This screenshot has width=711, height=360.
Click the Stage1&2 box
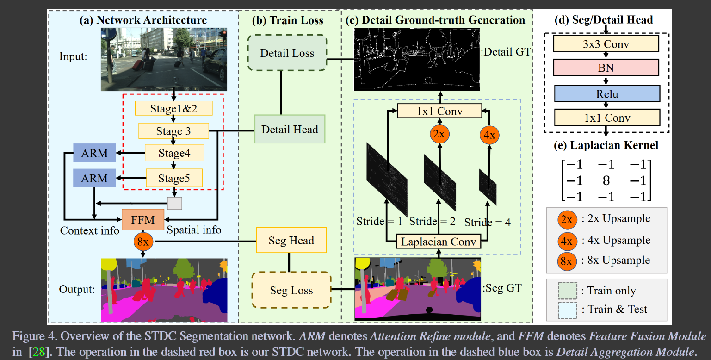click(173, 109)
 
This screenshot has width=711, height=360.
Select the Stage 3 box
click(173, 131)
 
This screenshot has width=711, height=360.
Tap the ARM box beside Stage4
click(94, 153)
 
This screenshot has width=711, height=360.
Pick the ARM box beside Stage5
click(94, 178)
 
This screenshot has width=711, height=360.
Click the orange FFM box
click(143, 220)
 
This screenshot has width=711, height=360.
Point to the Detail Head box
click(290, 129)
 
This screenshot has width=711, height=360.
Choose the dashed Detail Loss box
click(287, 53)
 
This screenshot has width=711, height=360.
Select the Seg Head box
click(291, 240)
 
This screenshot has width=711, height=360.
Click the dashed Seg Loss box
click(291, 290)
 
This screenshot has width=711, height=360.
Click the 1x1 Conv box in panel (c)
click(439, 111)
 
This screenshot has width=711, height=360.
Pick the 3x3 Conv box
click(606, 44)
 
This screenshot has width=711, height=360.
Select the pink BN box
click(606, 68)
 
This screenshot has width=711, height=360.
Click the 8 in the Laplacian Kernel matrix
click(606, 181)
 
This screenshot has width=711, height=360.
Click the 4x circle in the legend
click(566, 241)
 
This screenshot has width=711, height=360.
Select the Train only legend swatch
click(568, 291)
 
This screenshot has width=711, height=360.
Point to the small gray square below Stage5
click(174, 203)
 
